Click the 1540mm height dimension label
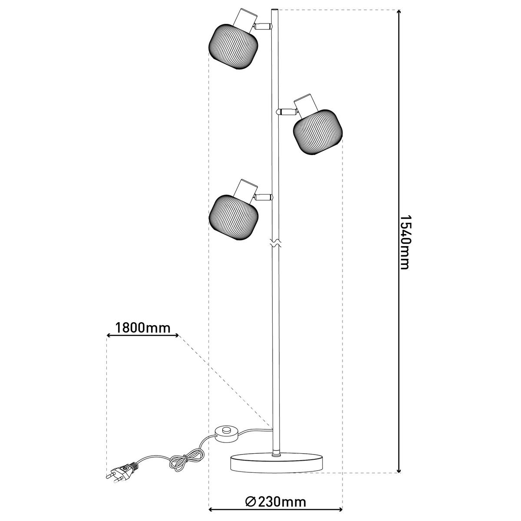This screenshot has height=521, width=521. pos(404,241)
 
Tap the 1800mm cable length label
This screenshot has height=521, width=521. pos(143,327)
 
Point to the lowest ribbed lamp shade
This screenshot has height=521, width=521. pos(234,217)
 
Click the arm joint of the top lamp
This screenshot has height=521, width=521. pos(263,26)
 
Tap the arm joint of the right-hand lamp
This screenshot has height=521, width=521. pos(287,112)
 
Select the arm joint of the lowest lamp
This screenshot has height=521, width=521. pos(263,198)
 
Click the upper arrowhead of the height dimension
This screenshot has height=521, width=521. pos(399,13)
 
